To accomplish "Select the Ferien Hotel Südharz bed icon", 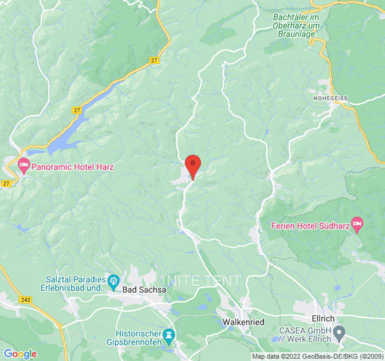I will pyautogui.click(x=357, y=224).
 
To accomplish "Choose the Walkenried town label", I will pyautogui.click(x=244, y=322).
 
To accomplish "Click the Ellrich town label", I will pyautogui.click(x=323, y=319).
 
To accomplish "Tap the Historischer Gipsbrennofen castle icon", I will pyautogui.click(x=170, y=334).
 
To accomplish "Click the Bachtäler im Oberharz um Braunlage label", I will pyautogui.click(x=297, y=25).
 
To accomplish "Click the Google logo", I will pyautogui.click(x=20, y=354).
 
